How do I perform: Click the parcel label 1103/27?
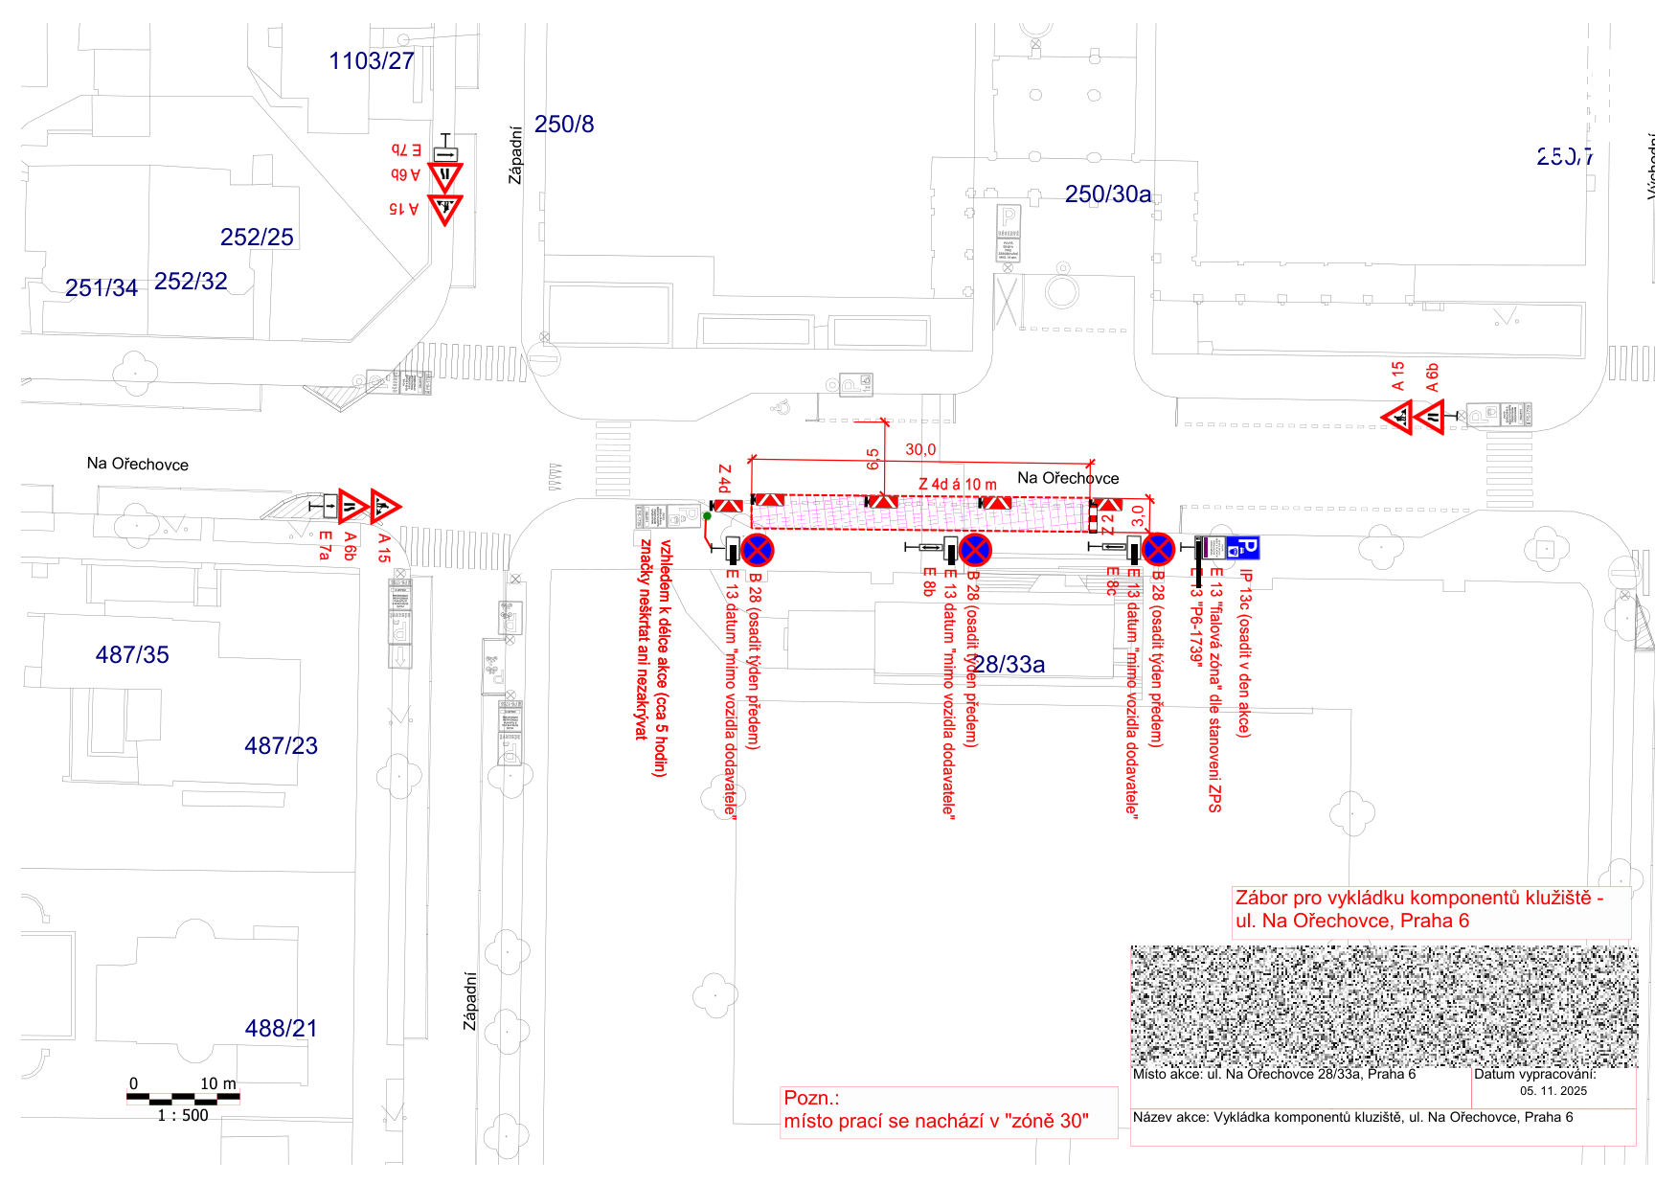click(x=372, y=61)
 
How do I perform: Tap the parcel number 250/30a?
click(x=1108, y=194)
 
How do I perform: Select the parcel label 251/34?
click(x=102, y=288)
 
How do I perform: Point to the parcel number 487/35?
click(x=132, y=655)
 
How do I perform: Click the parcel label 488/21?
click(x=281, y=1029)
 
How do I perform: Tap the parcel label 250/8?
click(x=564, y=125)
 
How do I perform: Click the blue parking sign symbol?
click(x=1243, y=548)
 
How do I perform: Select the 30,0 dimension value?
click(x=920, y=450)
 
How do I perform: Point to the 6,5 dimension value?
click(x=873, y=460)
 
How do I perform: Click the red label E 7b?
click(x=406, y=150)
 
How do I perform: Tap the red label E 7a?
click(x=325, y=546)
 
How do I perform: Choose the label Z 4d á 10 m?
click(x=958, y=485)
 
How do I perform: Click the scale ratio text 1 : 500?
click(x=183, y=1116)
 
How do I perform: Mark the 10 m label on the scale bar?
click(x=217, y=1084)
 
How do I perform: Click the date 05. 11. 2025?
click(x=1553, y=1091)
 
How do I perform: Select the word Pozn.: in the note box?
click(x=811, y=1099)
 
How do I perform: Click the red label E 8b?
click(x=928, y=581)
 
